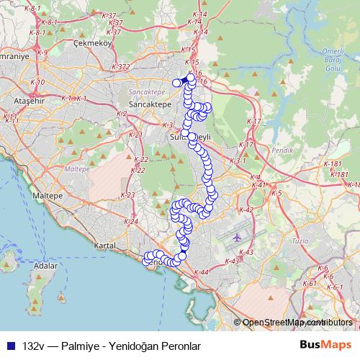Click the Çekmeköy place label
94,42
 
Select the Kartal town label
104,246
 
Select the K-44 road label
201,272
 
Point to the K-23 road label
128,195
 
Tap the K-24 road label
131,221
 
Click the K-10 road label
37,82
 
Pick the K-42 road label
246,210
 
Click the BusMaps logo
325,346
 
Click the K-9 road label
42,53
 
